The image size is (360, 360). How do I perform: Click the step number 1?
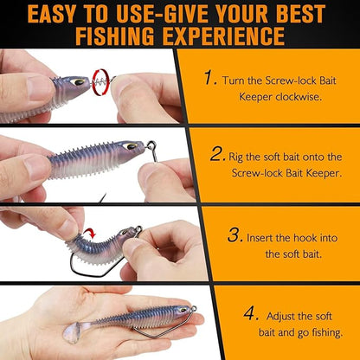click(209, 78)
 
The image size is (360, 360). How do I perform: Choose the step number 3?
click(234, 235)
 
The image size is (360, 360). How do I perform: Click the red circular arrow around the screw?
click(101, 80)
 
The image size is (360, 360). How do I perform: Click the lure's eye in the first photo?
click(78, 82)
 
